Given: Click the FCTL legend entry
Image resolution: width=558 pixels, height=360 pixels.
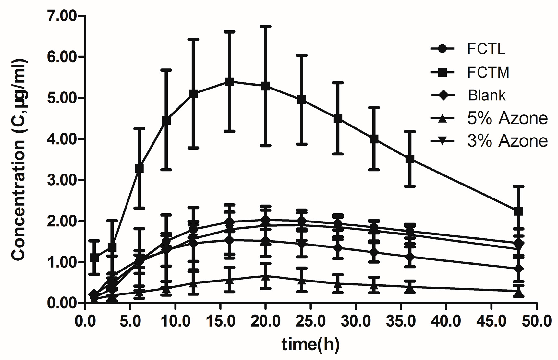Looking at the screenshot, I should click(486, 49).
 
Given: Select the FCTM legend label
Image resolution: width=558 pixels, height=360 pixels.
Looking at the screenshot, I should click(488, 72).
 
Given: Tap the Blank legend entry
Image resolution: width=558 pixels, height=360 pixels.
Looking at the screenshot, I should click(487, 95).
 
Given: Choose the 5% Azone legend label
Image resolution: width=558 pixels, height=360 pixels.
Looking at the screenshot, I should click(507, 118).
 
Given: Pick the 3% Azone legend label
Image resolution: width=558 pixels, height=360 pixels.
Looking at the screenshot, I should click(507, 141).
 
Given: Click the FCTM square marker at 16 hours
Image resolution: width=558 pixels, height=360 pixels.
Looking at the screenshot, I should click(229, 82).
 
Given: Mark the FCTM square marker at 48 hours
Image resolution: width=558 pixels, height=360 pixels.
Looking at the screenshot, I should click(518, 211).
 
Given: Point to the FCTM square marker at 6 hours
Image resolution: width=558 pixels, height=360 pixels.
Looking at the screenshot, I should click(139, 168).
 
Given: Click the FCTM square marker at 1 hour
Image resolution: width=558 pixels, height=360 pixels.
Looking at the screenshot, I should click(94, 258).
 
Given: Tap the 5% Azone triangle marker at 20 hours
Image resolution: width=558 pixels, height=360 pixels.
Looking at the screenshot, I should click(266, 277).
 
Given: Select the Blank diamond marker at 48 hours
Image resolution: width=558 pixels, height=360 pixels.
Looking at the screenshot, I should click(518, 269).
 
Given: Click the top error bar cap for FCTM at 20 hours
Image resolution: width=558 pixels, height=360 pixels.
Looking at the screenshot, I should click(266, 26).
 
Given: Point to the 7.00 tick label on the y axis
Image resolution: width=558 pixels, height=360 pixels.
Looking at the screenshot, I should click(62, 16).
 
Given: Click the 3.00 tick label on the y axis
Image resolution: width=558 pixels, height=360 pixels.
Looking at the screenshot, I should click(62, 180).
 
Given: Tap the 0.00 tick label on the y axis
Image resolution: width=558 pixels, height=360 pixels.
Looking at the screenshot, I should click(62, 303).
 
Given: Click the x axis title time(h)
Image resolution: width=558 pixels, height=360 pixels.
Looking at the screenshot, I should click(310, 344).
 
